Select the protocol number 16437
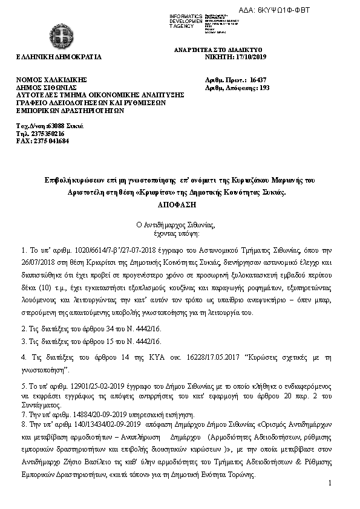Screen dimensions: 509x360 tap(258, 80)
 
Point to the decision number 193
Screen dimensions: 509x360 tap(264, 88)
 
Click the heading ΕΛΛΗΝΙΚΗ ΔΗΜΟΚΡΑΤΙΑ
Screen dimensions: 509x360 tap(59, 57)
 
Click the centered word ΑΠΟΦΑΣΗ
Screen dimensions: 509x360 tap(180, 206)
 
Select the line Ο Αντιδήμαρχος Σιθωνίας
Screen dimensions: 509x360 tap(180, 224)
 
